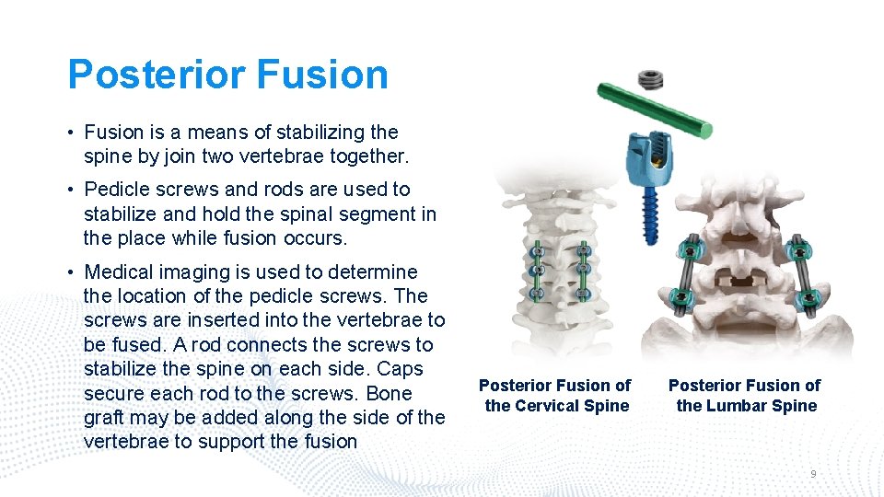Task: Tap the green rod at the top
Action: click(653, 108)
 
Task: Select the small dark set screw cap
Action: click(653, 80)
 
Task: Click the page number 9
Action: click(813, 473)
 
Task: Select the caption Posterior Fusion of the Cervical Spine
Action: click(555, 396)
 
